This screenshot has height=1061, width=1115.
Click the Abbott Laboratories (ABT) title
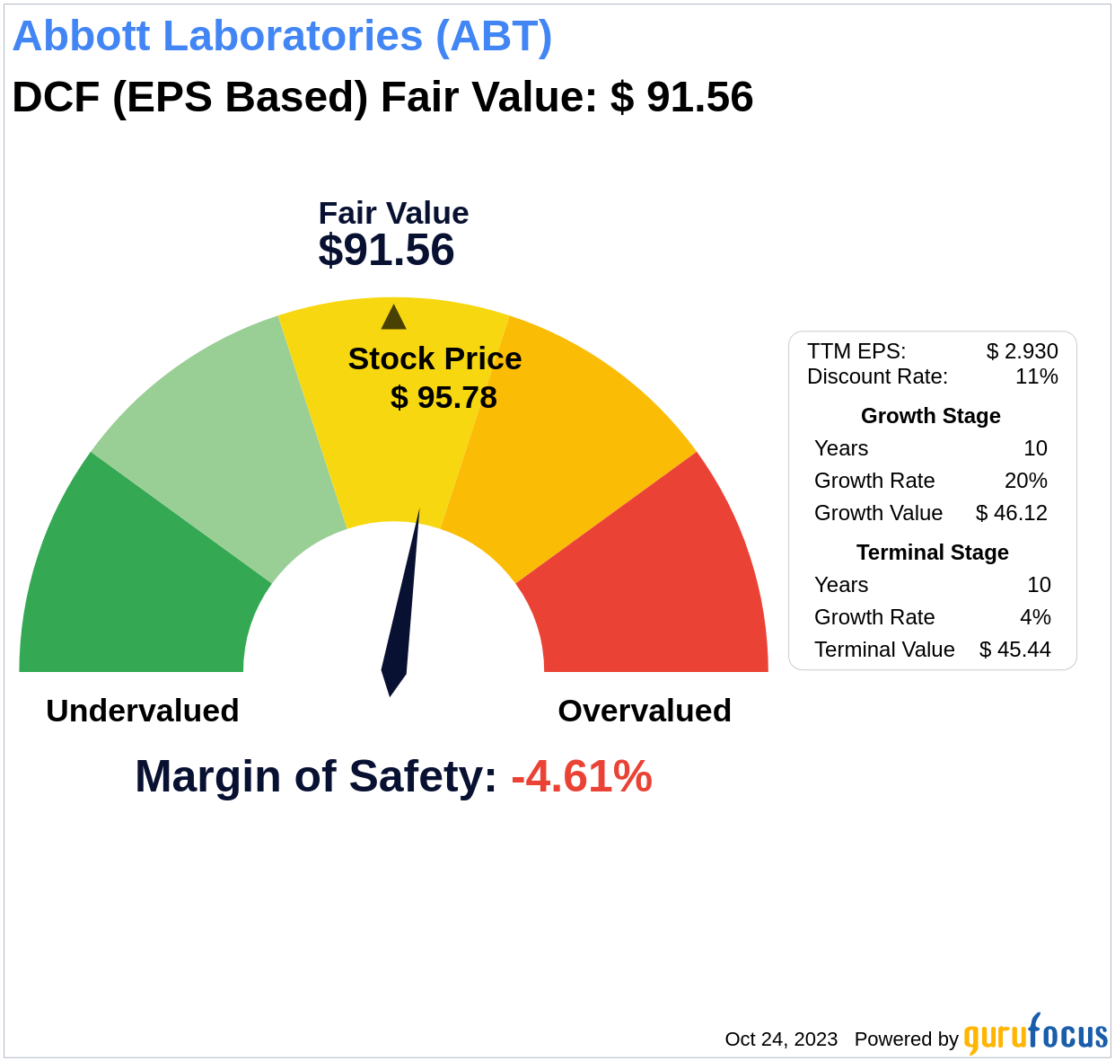(282, 37)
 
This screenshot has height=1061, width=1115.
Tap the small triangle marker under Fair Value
(393, 318)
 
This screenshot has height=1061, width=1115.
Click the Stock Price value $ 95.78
(443, 397)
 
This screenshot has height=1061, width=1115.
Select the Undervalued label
(143, 711)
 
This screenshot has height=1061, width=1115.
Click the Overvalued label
(645, 711)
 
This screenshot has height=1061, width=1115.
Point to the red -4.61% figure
(582, 776)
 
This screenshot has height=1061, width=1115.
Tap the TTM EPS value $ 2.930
(1022, 351)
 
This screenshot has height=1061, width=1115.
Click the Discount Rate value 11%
(1036, 376)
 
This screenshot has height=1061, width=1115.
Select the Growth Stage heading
(930, 416)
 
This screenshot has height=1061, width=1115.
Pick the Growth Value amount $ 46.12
(1012, 513)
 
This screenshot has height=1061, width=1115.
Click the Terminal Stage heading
(932, 553)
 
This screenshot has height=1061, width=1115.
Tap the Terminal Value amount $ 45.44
(1014, 650)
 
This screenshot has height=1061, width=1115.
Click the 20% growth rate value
(1025, 481)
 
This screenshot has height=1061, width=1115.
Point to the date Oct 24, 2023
(781, 1039)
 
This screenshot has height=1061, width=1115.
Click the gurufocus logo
(1035, 1035)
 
